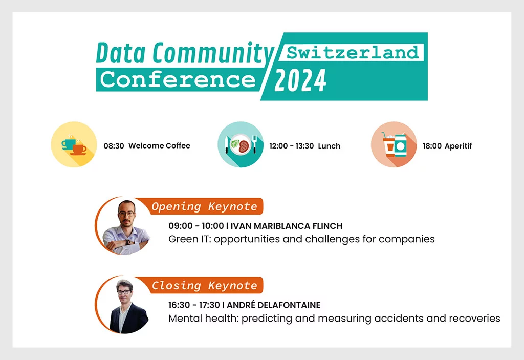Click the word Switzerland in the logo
[353, 53]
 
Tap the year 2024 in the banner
[300, 80]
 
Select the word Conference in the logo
[178, 79]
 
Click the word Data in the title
[121, 53]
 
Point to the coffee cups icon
[74, 144]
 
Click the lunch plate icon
[241, 144]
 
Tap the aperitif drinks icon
[394, 144]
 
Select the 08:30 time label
[114, 146]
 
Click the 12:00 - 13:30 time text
[291, 146]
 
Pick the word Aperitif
[458, 146]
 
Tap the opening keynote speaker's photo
[124, 226]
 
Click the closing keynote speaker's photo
[124, 305]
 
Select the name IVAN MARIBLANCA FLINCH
[287, 226]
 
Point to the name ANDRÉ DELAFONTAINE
[273, 305]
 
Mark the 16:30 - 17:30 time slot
[194, 305]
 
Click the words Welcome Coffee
[159, 146]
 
